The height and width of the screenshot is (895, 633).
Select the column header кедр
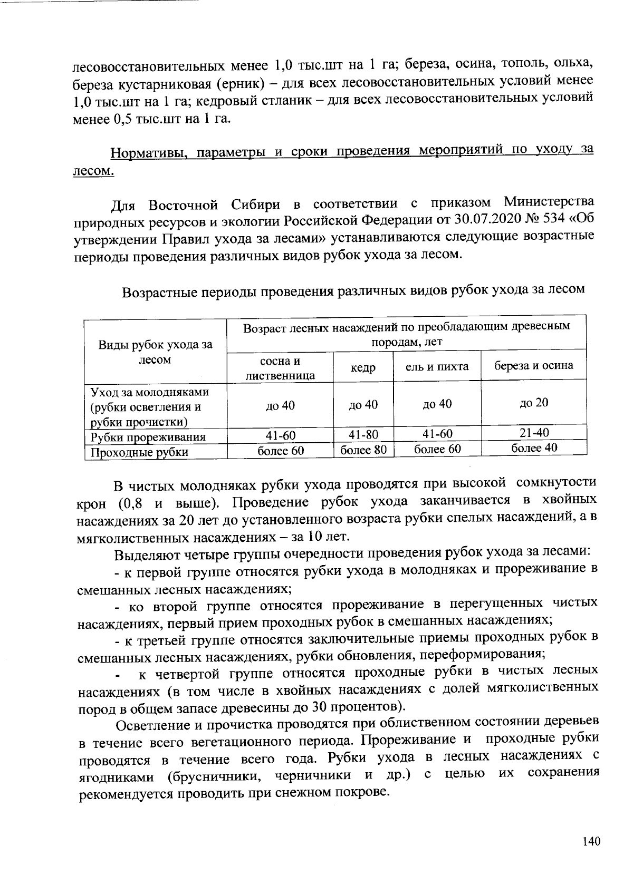(x=363, y=368)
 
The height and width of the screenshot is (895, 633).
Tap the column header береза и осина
(x=533, y=365)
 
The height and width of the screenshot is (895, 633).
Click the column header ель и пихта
(x=437, y=366)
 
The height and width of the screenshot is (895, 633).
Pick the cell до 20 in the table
(x=534, y=403)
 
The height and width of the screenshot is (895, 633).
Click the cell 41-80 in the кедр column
(x=363, y=435)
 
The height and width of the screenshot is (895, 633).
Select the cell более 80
(x=363, y=450)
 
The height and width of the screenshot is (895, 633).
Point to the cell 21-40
(x=534, y=433)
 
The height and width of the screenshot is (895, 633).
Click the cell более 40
(x=534, y=448)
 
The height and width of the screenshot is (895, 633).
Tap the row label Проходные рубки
(x=139, y=452)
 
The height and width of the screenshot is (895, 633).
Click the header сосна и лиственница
(x=280, y=368)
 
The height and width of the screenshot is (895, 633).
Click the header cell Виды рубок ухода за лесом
(x=156, y=352)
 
